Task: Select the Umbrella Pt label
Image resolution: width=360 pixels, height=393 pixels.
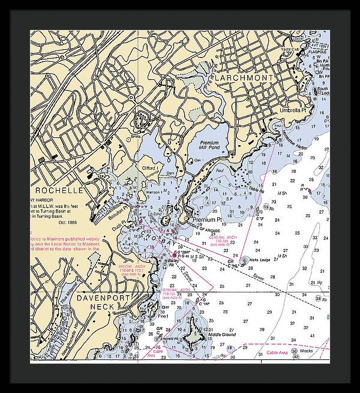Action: coord(293,110)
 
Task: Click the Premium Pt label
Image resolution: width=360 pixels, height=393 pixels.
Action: coord(207,220)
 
